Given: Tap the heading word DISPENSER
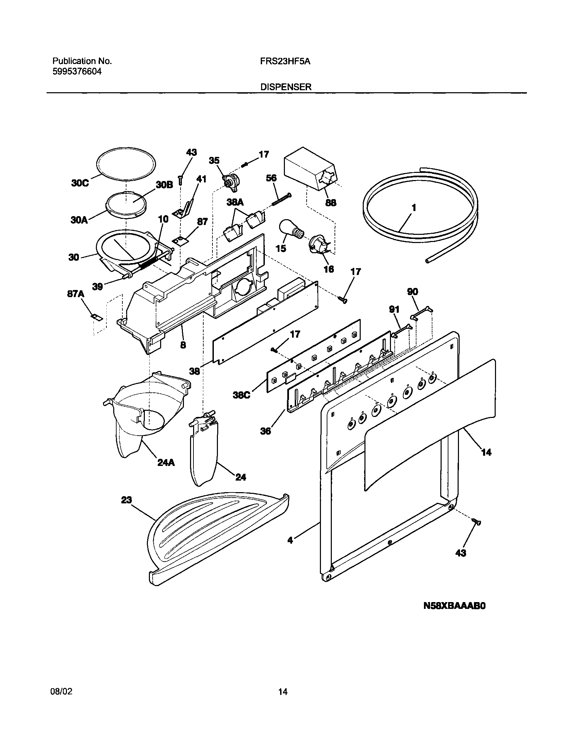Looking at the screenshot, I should pyautogui.click(x=286, y=87).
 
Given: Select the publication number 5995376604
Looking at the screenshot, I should pyautogui.click(x=77, y=72).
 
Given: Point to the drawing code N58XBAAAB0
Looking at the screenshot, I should pyautogui.click(x=455, y=606).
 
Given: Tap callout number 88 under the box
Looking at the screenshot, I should pyautogui.click(x=330, y=203).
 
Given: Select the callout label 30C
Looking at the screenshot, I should pyautogui.click(x=80, y=183).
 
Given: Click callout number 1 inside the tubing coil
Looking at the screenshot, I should pyautogui.click(x=413, y=208).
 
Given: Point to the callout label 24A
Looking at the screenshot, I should pyautogui.click(x=166, y=462).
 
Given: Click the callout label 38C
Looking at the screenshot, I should pyautogui.click(x=241, y=395).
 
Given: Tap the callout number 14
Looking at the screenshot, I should pyautogui.click(x=486, y=452).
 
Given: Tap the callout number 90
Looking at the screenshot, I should pyautogui.click(x=412, y=292).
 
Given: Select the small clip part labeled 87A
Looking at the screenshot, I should pyautogui.click(x=97, y=317).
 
